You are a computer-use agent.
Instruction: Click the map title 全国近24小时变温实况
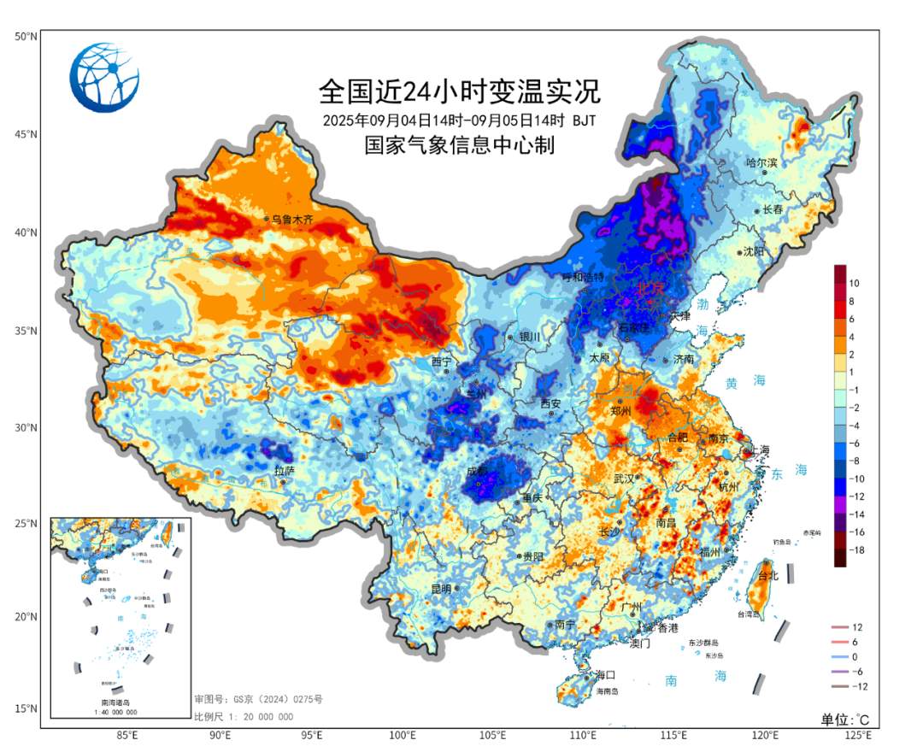pos(460,90)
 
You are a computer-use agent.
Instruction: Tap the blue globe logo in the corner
pos(104,78)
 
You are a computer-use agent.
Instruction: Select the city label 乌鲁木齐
pos(293,220)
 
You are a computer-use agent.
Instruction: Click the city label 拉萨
pos(284,471)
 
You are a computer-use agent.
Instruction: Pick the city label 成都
pos(477,471)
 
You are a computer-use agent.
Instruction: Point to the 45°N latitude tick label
pos(26,134)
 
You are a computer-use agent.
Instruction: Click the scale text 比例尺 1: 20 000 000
pos(244,717)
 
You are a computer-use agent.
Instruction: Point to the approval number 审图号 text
pos(258,700)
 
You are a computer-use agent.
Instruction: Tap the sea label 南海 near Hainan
pos(696,678)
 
